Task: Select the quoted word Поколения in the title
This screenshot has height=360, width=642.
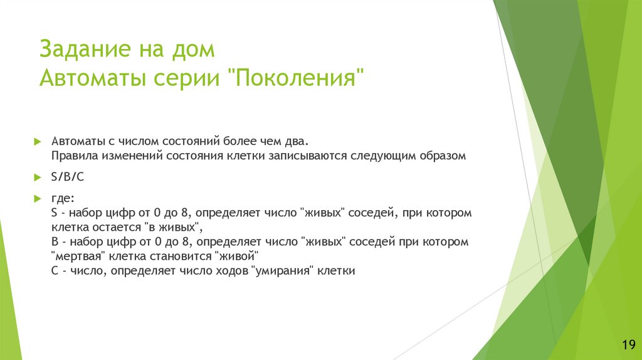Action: point(297,80)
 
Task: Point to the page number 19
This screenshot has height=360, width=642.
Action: point(628,345)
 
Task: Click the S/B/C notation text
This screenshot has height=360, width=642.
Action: point(68,177)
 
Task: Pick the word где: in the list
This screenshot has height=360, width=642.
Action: point(62,199)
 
